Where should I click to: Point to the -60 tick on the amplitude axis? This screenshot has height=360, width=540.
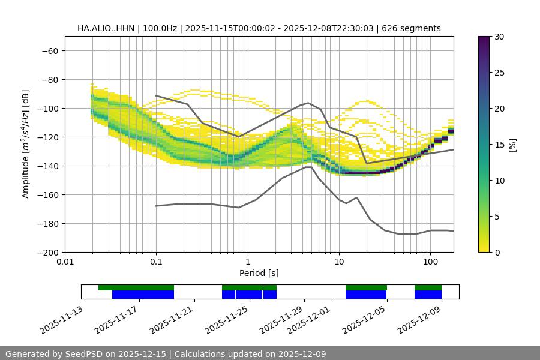pos(49,50)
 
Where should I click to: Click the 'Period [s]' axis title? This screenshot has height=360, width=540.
pos(259,273)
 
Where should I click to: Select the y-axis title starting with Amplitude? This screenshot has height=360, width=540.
pos(26,144)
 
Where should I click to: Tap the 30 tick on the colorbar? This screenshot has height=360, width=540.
pos(499,37)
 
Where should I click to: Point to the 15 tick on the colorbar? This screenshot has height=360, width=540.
pos(499,145)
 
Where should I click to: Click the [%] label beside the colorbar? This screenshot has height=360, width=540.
pos(512,145)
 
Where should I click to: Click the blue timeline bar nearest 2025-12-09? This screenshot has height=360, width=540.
pos(428,295)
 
